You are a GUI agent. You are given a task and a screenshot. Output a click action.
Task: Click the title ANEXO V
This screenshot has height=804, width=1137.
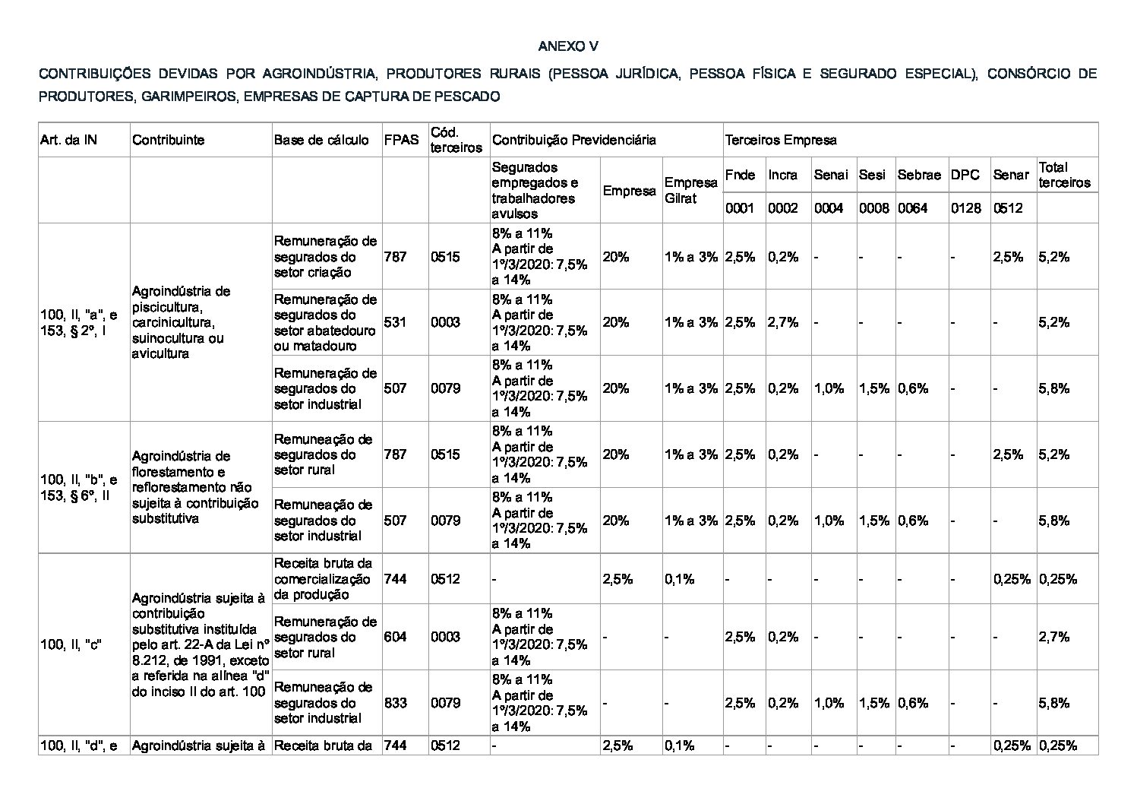567,46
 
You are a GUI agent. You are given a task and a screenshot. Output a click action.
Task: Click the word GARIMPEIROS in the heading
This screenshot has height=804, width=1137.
188,97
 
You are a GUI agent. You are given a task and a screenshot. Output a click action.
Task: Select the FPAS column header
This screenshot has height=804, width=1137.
400,140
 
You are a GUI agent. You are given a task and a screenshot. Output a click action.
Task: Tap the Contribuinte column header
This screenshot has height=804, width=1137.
168,140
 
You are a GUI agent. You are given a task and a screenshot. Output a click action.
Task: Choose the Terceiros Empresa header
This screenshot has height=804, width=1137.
781,140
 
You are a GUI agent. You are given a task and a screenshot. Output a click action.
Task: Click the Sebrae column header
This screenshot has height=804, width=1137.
918,175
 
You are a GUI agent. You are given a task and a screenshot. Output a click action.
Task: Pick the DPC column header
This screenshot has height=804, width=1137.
965,175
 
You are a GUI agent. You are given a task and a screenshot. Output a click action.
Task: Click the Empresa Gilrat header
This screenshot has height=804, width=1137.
690,190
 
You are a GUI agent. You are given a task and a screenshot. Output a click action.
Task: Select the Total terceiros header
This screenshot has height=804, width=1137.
1064,175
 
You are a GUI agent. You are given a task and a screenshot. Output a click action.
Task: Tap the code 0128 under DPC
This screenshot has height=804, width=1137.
965,207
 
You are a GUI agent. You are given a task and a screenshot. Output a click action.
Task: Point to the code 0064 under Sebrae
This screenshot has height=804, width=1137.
912,207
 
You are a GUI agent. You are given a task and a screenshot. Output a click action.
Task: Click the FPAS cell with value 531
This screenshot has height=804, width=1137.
395,322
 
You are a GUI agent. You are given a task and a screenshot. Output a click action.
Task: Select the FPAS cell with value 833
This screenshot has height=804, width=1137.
395,703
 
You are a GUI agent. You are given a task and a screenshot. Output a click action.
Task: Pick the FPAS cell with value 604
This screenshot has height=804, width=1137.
395,637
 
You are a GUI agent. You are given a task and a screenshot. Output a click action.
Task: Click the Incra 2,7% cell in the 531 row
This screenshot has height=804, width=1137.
782,322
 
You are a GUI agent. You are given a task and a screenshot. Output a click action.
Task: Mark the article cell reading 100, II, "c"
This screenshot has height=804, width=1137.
71,644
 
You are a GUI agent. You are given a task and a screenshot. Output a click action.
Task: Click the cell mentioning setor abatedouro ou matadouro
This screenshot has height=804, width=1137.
325,322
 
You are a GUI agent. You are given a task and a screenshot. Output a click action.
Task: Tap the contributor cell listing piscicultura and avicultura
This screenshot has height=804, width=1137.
181,322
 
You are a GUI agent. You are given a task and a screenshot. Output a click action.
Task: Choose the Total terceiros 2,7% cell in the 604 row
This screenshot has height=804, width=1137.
1053,637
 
